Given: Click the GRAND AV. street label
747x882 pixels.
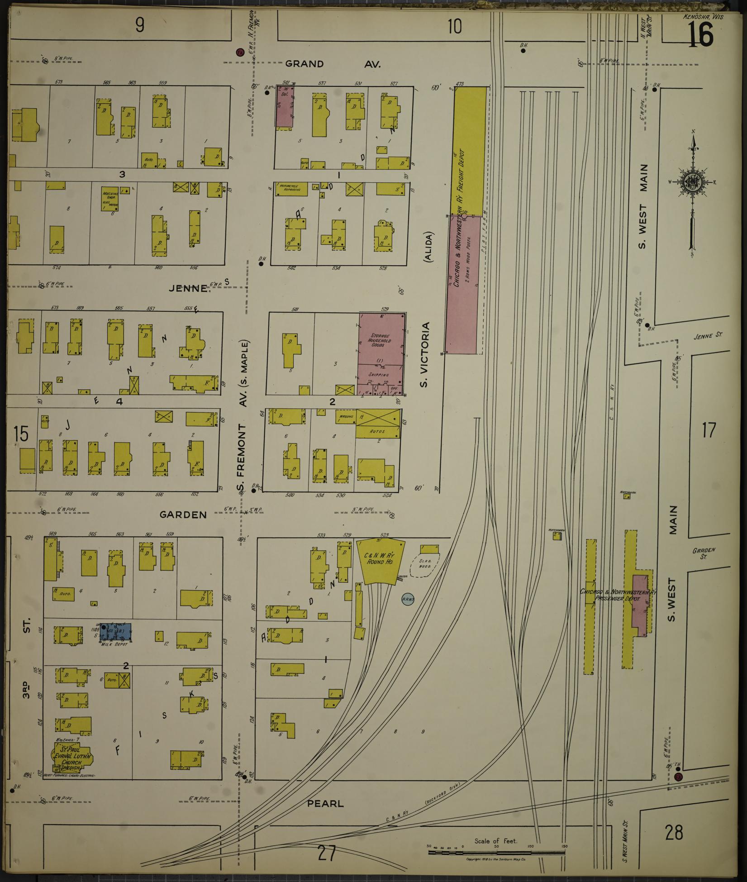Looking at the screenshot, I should pos(333,64).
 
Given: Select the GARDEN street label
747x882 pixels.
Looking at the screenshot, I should pos(183,515).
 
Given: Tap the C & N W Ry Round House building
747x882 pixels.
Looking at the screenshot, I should pos(380,561).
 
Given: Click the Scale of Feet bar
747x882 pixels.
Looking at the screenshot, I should pos(496,853).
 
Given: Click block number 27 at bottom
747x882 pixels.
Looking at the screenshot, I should pos(326,853).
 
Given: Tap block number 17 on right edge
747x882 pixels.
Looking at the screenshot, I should pos(709,429).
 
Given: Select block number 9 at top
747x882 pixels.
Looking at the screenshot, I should pos(140,26).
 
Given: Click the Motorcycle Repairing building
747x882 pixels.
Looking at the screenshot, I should pos(291,189).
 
